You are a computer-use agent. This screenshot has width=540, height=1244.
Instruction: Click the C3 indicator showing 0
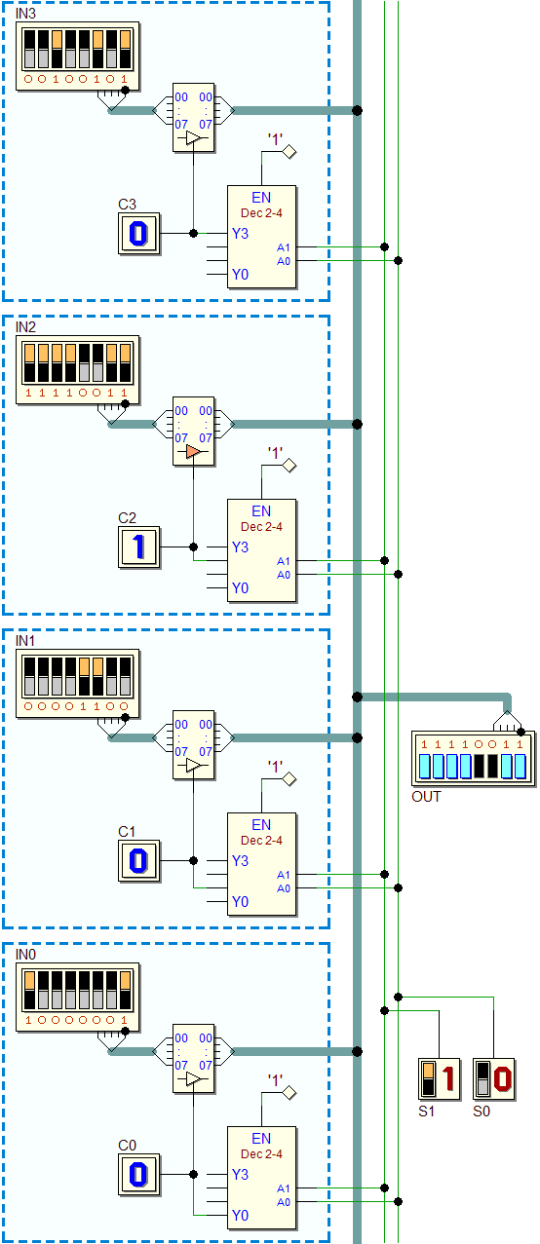coord(138,233)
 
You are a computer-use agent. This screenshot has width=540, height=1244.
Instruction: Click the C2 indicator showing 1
coord(138,547)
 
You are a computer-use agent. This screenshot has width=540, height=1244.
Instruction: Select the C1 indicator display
coord(138,861)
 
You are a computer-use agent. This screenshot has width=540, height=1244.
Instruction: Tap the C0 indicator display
coord(138,1175)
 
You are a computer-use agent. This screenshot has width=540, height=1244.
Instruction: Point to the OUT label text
coord(426,797)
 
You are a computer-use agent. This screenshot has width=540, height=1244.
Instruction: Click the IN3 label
coord(25,14)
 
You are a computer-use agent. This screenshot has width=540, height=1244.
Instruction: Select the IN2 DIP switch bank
coord(78,370)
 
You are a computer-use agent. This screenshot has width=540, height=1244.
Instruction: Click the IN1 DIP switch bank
coord(78,684)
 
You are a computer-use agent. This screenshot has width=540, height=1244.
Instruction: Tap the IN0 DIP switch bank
coord(78,998)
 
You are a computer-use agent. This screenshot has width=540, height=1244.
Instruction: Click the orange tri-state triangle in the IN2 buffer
coord(193,451)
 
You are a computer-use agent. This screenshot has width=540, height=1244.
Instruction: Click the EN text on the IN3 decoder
coord(261,198)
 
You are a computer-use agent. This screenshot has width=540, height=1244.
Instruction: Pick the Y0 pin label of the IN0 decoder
coord(240,1215)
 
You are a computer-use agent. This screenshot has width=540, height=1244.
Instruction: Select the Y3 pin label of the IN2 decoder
coord(240,547)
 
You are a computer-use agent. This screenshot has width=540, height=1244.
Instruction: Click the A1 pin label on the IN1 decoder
coord(284,875)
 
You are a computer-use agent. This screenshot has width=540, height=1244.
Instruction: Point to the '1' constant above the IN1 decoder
coord(275,767)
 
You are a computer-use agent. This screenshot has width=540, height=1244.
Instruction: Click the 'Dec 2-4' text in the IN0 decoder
coord(261,1154)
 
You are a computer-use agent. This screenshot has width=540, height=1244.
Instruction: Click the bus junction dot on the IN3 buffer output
coord(357,110)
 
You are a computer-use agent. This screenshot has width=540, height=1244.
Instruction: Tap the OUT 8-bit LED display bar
coord(473,766)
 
